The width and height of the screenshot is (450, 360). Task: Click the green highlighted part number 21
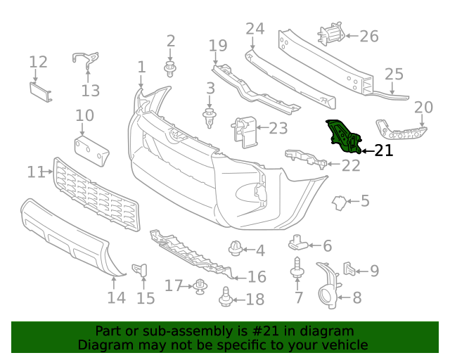tap(343, 136)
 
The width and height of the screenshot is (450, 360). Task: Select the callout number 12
tap(38, 62)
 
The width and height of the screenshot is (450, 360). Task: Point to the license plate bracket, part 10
tap(91, 150)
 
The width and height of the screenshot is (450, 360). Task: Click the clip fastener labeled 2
tap(169, 69)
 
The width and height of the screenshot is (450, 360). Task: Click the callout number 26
tap(369, 35)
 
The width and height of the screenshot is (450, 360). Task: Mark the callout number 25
tap(394, 74)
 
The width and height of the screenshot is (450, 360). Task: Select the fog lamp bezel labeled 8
tap(328, 286)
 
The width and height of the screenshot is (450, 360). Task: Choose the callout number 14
tap(117, 297)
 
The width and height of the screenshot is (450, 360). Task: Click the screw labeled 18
tap(226, 299)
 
